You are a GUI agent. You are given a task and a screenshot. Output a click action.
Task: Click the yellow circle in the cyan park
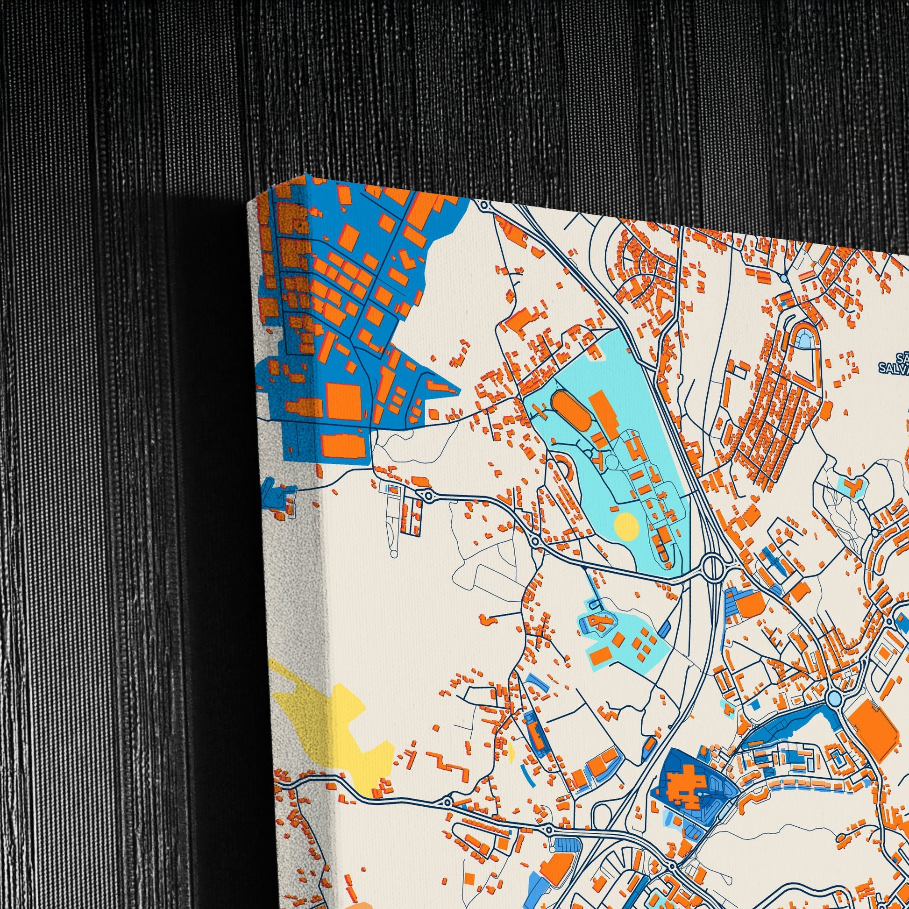click(x=626, y=526)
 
